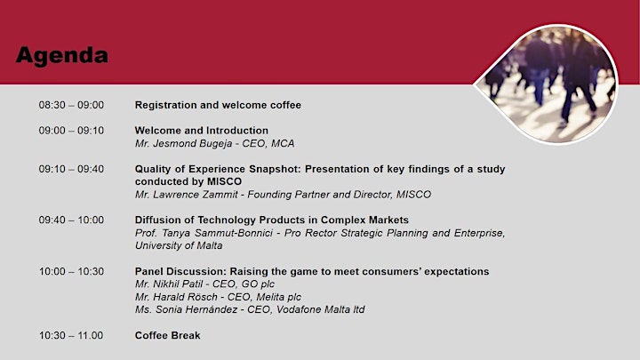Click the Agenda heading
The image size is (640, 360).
tap(62, 55)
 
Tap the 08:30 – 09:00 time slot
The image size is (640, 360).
tap(71, 105)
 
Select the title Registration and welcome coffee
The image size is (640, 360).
tap(218, 105)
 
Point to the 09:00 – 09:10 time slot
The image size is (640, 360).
tap(71, 130)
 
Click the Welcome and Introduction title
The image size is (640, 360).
tap(202, 130)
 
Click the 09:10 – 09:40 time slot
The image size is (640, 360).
tap(71, 169)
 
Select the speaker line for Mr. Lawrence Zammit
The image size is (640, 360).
tap(283, 195)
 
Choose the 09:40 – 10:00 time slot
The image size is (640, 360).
tap(71, 220)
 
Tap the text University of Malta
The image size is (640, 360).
tap(179, 245)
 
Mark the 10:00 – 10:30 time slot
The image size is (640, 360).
tap(71, 271)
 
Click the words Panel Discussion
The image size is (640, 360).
tap(180, 271)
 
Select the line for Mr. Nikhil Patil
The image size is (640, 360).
tap(205, 284)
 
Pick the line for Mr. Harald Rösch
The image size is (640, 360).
tap(218, 297)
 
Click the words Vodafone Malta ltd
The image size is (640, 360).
tap(320, 309)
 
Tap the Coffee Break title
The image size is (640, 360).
tap(168, 335)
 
